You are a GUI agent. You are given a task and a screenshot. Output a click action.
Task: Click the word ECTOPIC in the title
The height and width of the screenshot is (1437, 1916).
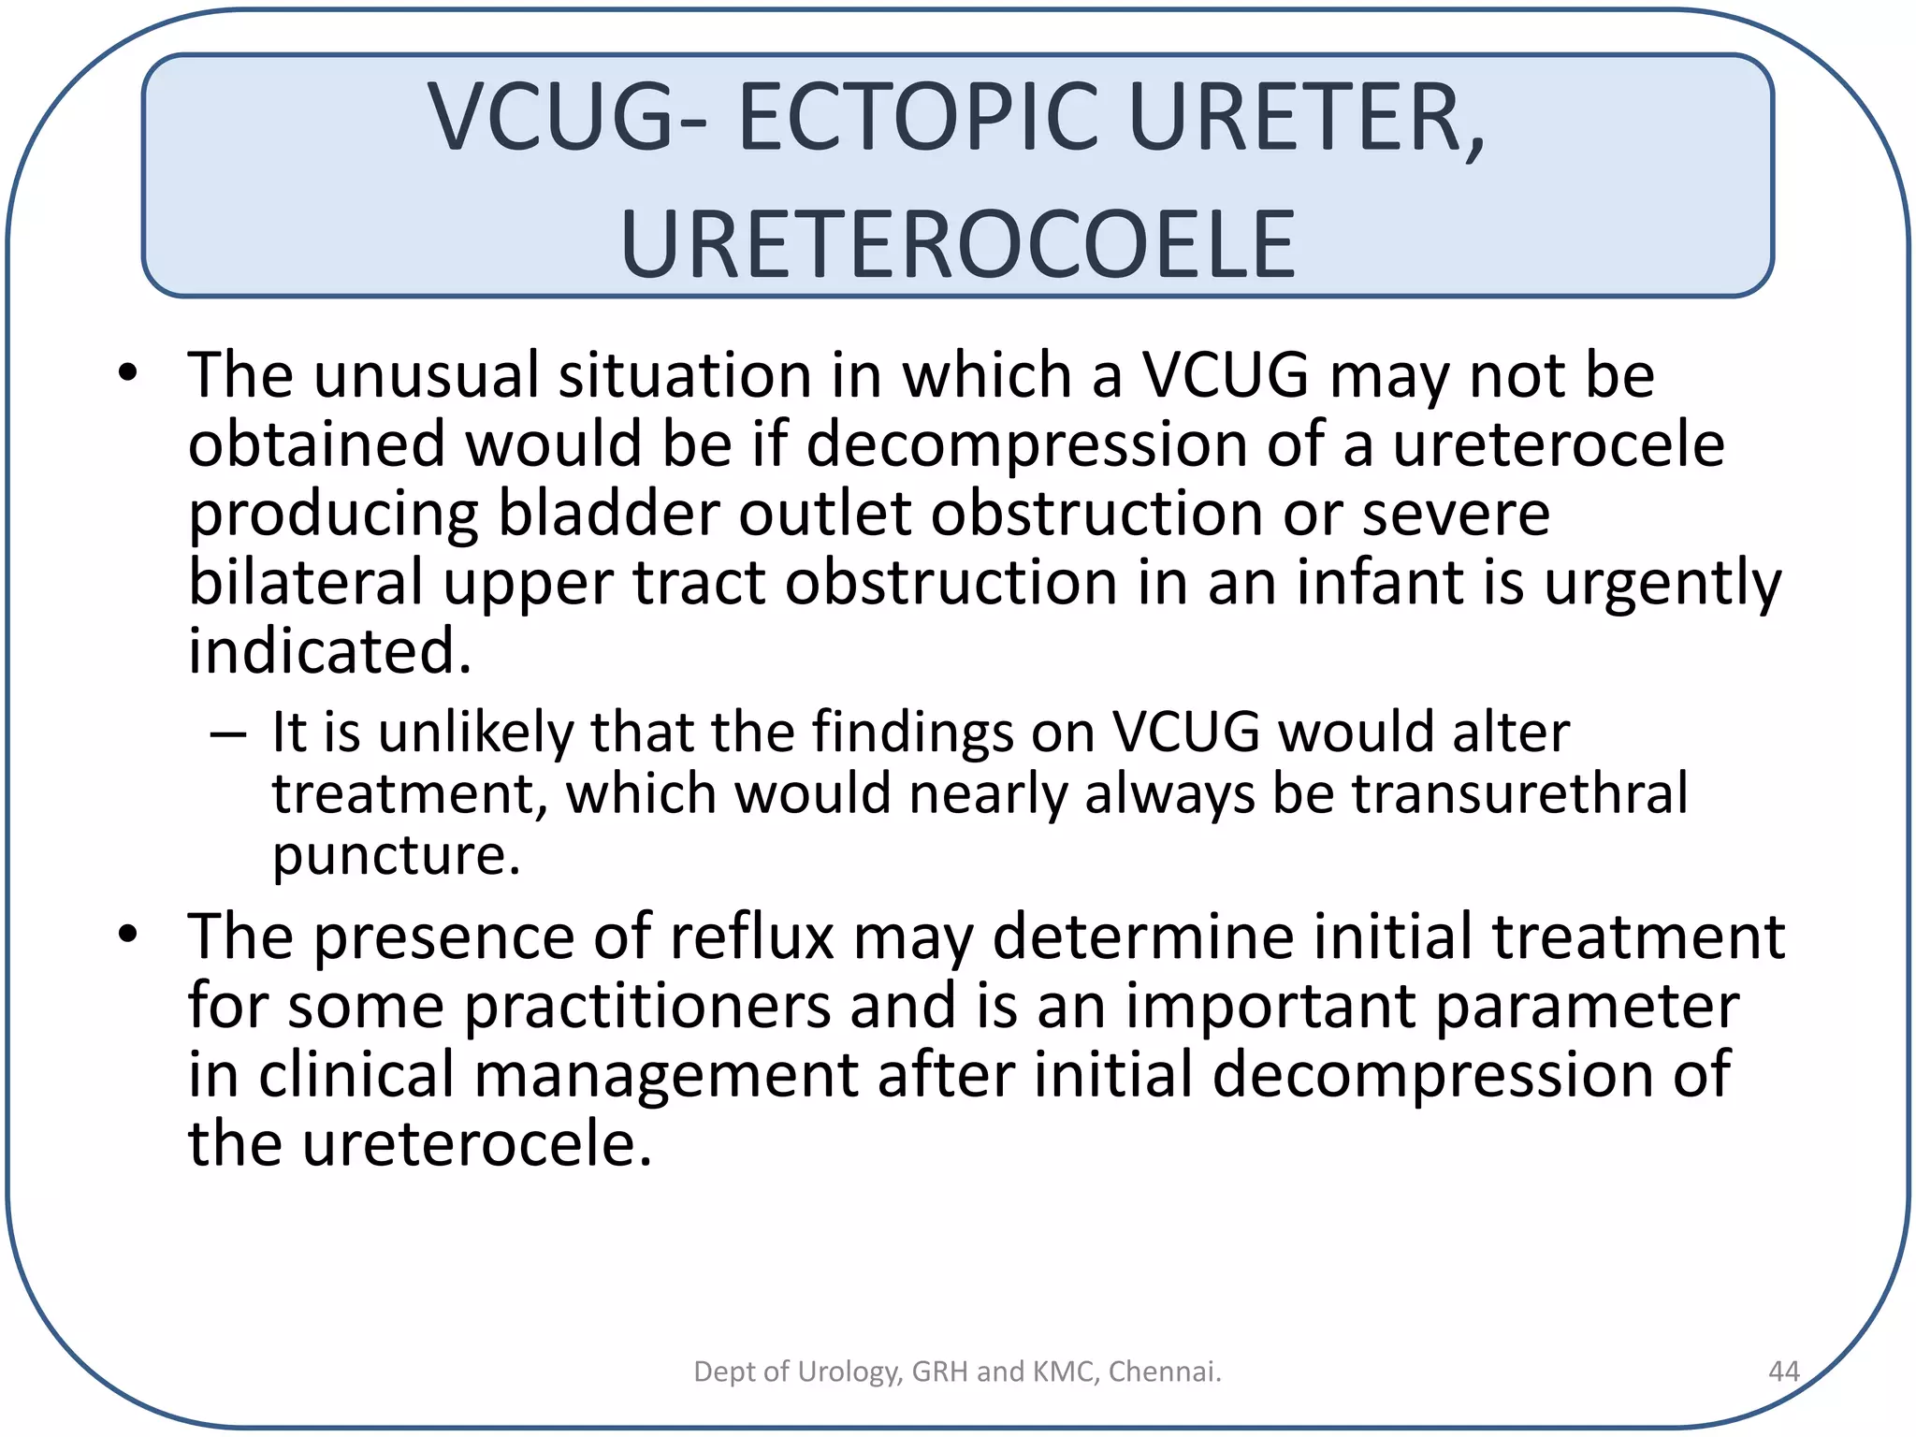pos(919,118)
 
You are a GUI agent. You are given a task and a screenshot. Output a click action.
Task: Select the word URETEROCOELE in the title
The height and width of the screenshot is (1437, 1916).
pos(957,245)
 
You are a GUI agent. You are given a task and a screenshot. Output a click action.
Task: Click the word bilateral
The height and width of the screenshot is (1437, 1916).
pos(306,582)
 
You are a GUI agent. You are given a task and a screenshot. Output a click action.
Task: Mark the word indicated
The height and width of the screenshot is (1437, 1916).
pos(329,651)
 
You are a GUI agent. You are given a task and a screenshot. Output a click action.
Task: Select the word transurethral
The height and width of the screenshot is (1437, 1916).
pos(1520,794)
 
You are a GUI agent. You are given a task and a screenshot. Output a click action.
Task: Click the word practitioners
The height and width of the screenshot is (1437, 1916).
pos(647,1008)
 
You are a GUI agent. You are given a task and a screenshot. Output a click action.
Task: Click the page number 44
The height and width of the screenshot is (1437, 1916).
pos(1783,1372)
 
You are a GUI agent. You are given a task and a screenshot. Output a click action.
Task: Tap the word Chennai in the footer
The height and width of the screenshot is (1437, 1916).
pos(1165,1372)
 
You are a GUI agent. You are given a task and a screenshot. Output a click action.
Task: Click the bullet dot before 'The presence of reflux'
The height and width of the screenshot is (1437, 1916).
pos(128,934)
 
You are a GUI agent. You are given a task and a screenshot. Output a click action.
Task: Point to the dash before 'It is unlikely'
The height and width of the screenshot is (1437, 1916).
pos(228,734)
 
